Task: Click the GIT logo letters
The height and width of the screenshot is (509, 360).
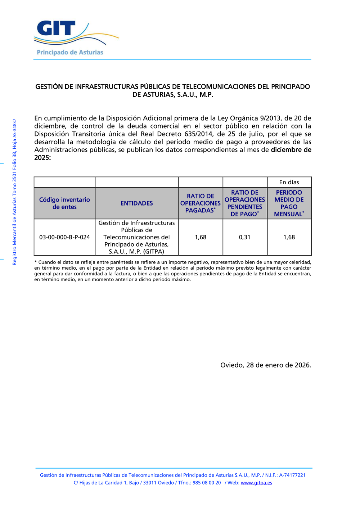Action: point(56,28)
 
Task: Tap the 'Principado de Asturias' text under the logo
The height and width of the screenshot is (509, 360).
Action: point(70,53)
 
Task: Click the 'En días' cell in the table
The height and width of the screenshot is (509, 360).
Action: point(289,182)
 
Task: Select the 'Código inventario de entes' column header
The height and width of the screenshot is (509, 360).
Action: point(64,203)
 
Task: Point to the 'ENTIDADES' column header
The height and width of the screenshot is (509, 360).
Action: point(137,203)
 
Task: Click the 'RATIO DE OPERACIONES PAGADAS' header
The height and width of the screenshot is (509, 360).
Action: point(201,203)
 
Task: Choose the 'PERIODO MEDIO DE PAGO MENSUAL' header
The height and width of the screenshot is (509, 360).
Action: point(289,203)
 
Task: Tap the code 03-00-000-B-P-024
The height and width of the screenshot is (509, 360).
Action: point(64,237)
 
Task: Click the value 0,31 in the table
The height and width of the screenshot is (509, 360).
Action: point(245,237)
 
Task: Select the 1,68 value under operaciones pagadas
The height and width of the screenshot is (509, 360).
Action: point(201,237)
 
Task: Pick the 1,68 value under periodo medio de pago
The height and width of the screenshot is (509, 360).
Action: point(289,237)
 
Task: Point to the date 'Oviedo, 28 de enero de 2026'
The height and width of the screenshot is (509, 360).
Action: point(266,365)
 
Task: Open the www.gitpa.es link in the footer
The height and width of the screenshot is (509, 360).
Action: point(256,483)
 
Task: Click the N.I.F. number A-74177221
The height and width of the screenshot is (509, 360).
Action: point(292,475)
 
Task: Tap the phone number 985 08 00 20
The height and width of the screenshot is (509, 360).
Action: point(207,483)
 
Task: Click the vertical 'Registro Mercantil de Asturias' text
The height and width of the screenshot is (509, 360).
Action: point(15,192)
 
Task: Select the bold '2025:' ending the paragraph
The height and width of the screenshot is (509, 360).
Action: point(42,158)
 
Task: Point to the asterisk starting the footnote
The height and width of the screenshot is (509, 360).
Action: point(36,262)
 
